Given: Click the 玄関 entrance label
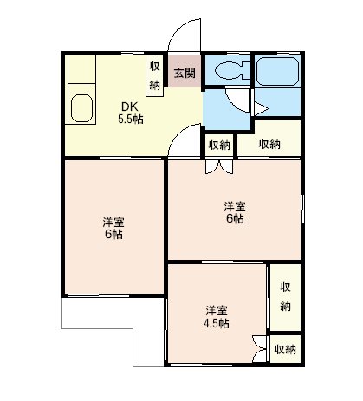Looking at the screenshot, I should [x=183, y=73].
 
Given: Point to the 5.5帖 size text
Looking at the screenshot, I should [x=130, y=120].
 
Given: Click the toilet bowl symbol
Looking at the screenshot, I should [x=230, y=72].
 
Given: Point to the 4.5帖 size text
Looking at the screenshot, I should [x=217, y=323].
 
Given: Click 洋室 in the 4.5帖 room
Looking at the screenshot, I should [x=217, y=310].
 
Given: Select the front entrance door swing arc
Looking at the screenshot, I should [x=183, y=37].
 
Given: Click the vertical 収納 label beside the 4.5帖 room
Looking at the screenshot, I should [x=286, y=298].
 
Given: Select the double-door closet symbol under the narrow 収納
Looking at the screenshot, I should [x=213, y=166].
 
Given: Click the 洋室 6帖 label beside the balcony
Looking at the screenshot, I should [x=113, y=227].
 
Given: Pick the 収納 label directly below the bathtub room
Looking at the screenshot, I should [x=269, y=144].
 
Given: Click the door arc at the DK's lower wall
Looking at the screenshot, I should [x=184, y=141].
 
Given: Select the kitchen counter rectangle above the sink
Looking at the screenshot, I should [x=82, y=82].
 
